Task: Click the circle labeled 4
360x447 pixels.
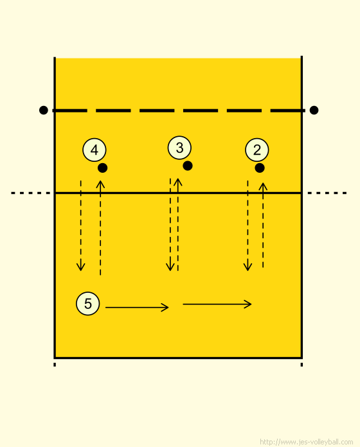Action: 94,150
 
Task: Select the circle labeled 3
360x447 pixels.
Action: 179,148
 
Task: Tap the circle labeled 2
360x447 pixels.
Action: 257,150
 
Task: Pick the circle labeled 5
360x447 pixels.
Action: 88,303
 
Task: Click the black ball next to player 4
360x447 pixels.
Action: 103,168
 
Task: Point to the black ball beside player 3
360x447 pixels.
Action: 188,166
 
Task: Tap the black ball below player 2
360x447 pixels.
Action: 260,168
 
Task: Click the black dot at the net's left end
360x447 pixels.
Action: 44,110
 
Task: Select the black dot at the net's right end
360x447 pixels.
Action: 314,110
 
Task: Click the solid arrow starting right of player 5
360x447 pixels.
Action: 137,307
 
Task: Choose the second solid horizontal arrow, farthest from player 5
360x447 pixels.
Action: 217,304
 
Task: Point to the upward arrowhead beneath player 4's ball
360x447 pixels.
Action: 100,184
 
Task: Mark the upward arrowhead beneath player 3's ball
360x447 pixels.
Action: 178,182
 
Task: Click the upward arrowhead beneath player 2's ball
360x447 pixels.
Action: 263,187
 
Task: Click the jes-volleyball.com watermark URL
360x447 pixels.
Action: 307,442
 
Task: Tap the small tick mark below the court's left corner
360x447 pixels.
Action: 55,365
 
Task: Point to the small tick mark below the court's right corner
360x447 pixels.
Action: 301,365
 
